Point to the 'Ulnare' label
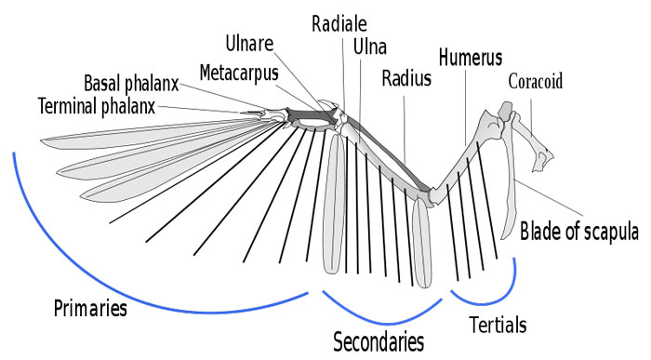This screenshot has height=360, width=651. tap(249, 42)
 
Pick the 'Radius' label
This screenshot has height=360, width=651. tap(406, 78)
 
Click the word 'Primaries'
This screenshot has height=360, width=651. tap(90, 307)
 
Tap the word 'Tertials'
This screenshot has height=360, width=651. tap(498, 325)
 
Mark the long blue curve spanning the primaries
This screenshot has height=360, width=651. tap(139, 288)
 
